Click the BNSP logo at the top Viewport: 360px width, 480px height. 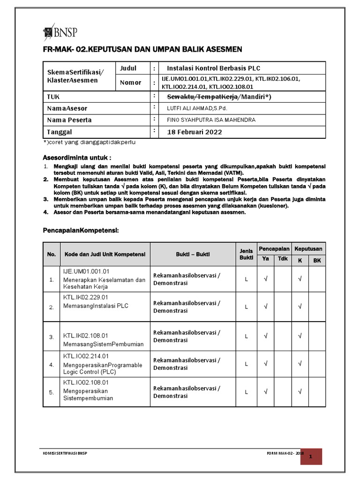point(60,32)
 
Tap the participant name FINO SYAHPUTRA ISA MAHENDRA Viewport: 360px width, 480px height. point(211,120)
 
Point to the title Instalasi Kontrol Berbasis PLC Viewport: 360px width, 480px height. point(213,68)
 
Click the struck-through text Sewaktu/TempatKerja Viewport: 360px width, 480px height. point(203,97)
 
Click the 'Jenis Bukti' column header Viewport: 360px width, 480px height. point(246,255)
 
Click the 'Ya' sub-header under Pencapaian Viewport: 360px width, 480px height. point(265,260)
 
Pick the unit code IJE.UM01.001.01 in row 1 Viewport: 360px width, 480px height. point(86,271)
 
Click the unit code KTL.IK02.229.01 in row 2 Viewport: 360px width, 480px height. point(86,297)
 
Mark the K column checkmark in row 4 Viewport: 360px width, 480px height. point(300,364)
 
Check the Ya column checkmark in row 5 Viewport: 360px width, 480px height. point(265,392)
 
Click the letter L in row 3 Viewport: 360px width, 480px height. point(246,336)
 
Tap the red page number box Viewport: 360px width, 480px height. point(317,456)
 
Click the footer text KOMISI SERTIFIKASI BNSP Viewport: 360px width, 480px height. point(65,453)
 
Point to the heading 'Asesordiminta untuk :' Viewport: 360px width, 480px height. point(78,157)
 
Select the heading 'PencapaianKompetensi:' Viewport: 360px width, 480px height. point(81,231)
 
